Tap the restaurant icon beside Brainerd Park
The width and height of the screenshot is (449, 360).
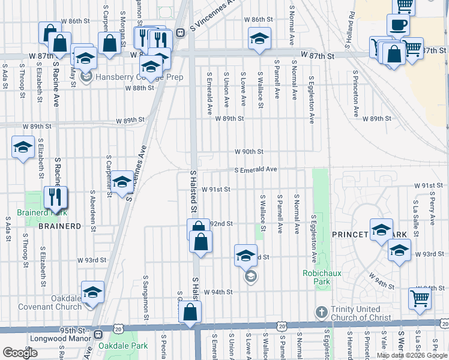55,196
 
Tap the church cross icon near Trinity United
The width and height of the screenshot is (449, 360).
321,313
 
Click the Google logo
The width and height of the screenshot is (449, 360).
20,353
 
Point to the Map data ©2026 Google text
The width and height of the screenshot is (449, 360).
411,355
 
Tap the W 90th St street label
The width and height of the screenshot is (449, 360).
249,152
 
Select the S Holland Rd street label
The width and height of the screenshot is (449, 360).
347,37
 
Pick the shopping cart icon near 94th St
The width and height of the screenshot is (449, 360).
420,298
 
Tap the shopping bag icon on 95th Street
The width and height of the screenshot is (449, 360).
190,311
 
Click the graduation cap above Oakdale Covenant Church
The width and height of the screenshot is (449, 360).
92,292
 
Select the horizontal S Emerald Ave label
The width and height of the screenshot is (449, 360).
256,170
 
